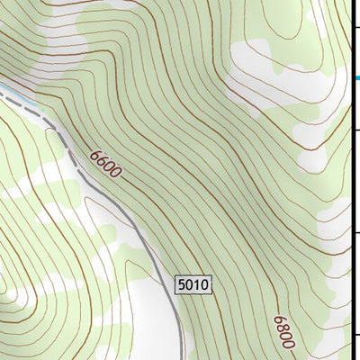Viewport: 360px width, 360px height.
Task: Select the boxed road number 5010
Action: pos(193,285)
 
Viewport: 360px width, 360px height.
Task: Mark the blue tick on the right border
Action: pos(356,79)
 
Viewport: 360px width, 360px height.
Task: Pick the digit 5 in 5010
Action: pos(183,285)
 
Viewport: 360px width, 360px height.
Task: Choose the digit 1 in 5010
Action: pos(197,285)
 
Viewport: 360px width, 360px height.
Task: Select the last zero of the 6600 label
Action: pos(115,173)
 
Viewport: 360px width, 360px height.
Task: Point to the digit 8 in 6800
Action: pos(283,327)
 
